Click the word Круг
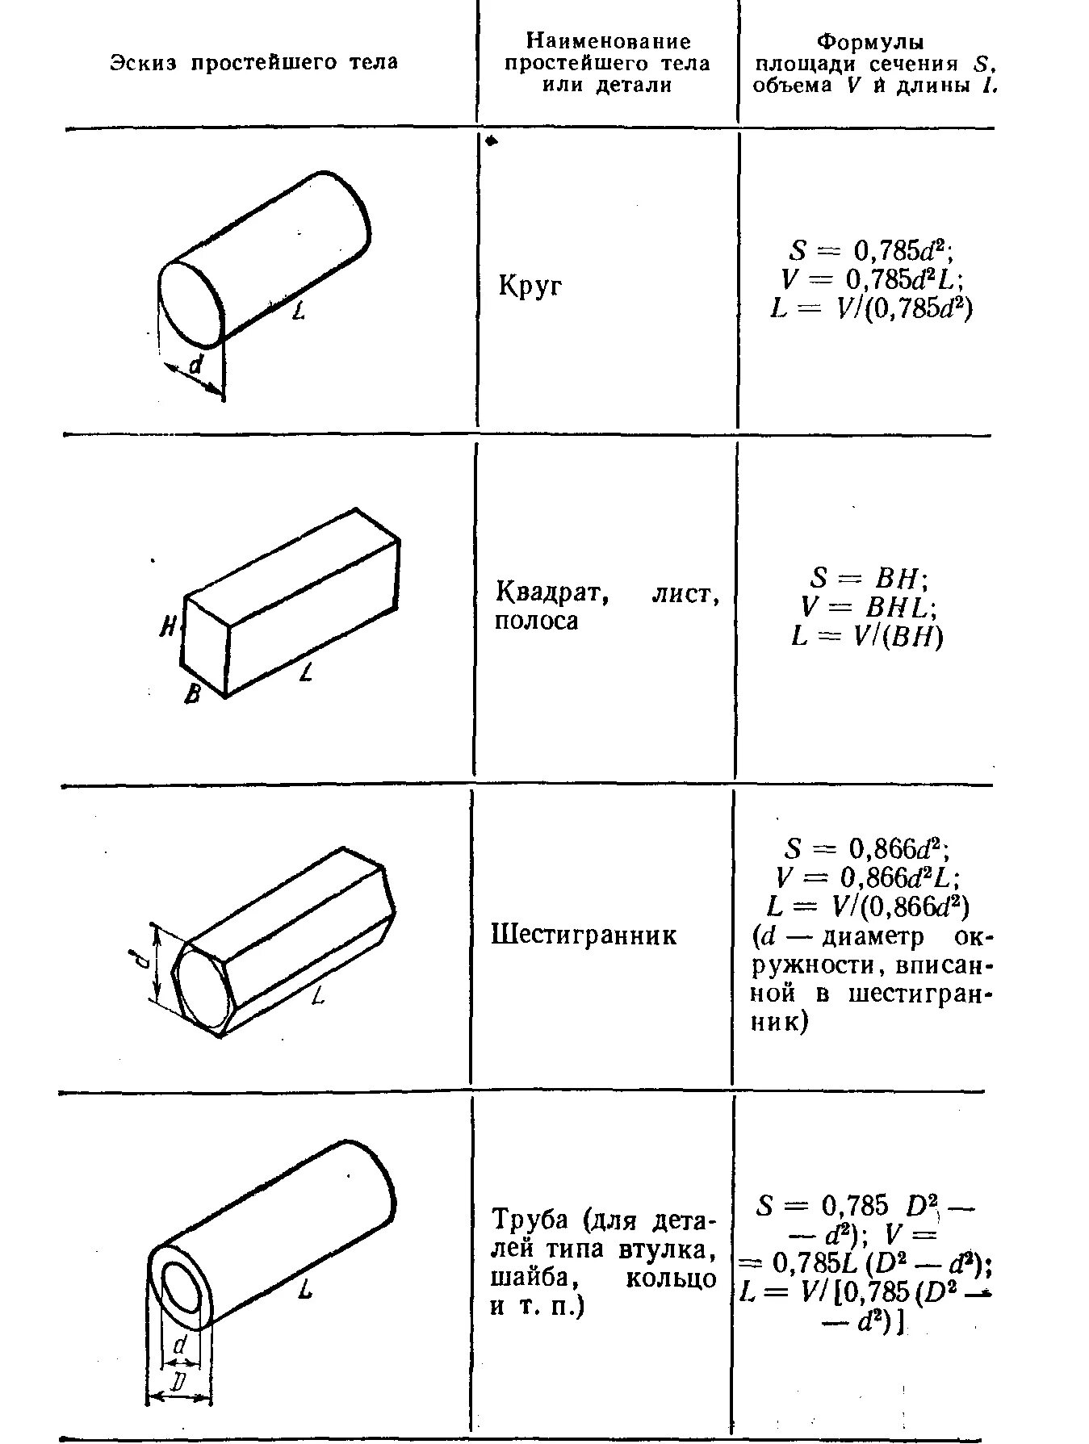[x=530, y=287]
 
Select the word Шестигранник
[x=584, y=935]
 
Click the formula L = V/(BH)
[x=867, y=636]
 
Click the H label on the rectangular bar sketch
[x=168, y=626]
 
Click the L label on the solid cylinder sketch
[x=299, y=310]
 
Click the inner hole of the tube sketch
[x=183, y=1289]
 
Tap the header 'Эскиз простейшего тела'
[x=253, y=63]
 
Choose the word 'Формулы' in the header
[x=869, y=41]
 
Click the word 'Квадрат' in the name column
[x=551, y=594]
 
